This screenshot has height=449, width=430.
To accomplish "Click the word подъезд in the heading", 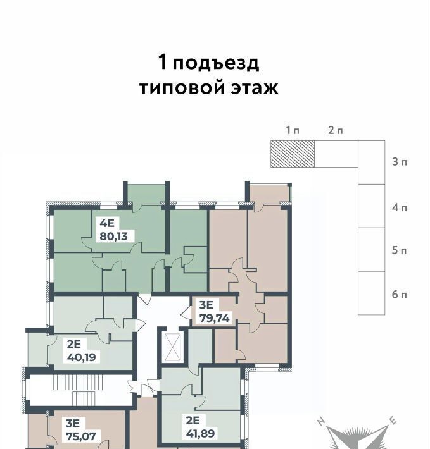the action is coord(216,64).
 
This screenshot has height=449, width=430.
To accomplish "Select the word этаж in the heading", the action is coord(255,88).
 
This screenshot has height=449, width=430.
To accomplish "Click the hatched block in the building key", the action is coord(293,154).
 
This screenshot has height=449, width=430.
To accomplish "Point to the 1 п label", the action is coord(293,130).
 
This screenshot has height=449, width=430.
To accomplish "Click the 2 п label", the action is coord(336,130).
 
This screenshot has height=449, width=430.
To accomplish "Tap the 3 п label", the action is coord(400,162).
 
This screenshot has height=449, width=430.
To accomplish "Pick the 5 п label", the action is coord(400,250).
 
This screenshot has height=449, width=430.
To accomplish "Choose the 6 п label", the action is coord(400,294).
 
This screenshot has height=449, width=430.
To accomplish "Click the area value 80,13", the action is coord(113,237).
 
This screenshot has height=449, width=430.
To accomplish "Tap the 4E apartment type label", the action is coord(107,223).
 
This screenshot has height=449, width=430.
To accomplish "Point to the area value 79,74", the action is coord(215,318).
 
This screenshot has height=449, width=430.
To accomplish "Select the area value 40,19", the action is coord(82,357).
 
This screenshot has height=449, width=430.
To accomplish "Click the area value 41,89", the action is coord(200,433).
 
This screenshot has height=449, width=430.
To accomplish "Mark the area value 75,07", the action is coord(81,436).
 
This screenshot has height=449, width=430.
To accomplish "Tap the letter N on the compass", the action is coord(321,422).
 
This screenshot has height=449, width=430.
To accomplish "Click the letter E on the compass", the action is coord(393,421).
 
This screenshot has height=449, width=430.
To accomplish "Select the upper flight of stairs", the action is coord(78,382).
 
